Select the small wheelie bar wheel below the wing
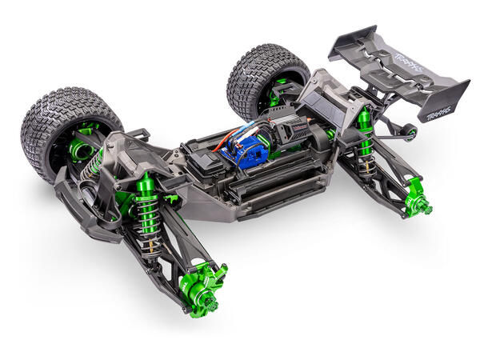(x=412, y=130)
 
